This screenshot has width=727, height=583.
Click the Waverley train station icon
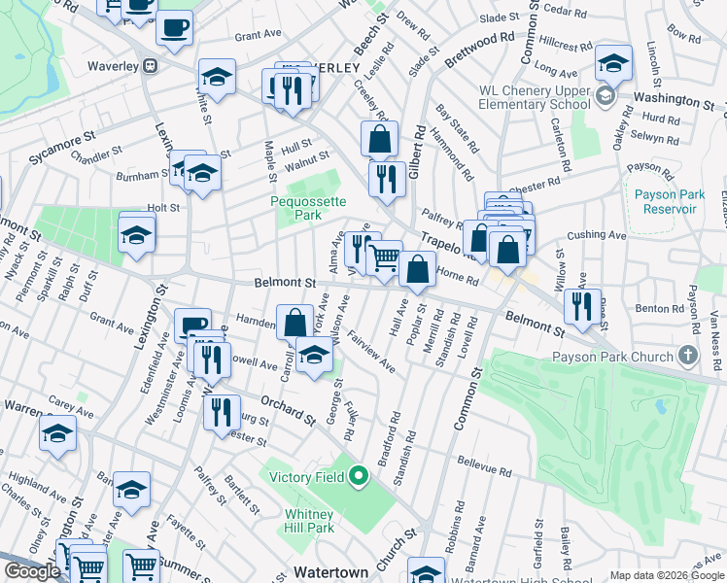click(x=150, y=66)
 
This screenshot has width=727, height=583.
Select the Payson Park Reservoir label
click(x=669, y=200)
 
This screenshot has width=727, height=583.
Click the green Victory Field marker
click(x=358, y=476)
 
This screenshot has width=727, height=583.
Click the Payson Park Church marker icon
click(x=688, y=357)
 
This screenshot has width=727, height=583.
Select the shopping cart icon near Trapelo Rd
click(x=385, y=257)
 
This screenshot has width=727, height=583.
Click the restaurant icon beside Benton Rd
click(x=581, y=306)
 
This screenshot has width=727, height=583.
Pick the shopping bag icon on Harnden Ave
click(x=294, y=322)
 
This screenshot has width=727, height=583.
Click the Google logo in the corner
click(x=32, y=571)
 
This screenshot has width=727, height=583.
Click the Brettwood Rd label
click(x=478, y=50)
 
